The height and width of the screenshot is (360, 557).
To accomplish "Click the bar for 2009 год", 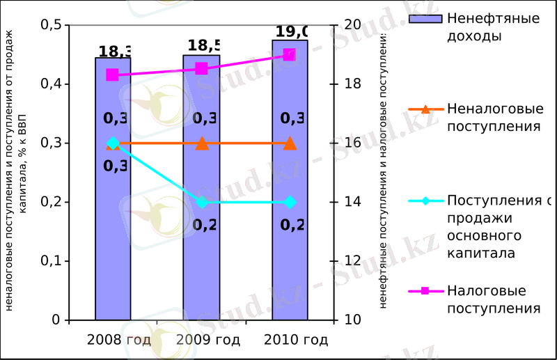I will point(201,230).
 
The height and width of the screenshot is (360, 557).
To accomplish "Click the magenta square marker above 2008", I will point(113,75).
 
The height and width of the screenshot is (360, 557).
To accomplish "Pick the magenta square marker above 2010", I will point(290,55).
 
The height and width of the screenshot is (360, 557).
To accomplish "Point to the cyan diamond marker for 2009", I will point(201,203).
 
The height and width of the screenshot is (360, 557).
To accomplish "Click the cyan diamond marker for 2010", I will point(290,203).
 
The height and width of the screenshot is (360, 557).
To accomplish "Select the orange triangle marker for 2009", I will point(201,143).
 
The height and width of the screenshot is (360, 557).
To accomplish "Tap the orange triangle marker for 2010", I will point(290,143).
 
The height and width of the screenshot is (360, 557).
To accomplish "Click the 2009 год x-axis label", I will point(208,340).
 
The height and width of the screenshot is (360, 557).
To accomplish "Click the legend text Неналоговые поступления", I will point(494,118).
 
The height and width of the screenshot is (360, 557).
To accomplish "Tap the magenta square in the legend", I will point(425,290).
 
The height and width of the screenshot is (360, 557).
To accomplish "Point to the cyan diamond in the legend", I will point(425,202).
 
